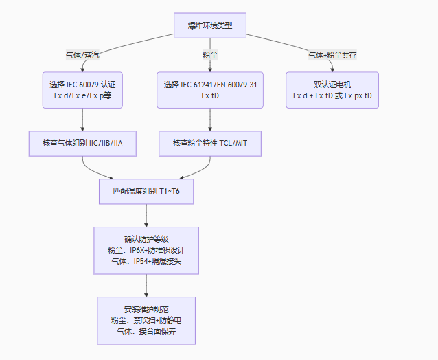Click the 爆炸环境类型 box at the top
click(210, 26)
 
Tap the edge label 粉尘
click(210, 54)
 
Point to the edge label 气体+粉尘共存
click(332, 54)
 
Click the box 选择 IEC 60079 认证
click(82, 90)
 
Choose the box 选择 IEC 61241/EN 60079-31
click(210, 90)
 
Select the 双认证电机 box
click(332, 90)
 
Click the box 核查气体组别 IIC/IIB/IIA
click(82, 144)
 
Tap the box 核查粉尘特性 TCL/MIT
click(210, 144)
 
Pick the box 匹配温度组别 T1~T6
click(146, 190)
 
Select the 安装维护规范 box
click(146, 320)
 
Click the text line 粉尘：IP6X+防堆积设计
click(146, 250)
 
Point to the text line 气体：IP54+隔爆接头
click(146, 261)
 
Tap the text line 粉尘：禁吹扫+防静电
click(146, 320)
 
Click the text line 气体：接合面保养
click(146, 331)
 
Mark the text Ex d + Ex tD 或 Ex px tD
click(332, 95)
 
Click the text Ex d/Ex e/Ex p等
click(82, 95)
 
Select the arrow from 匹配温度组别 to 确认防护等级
click(146, 215)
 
